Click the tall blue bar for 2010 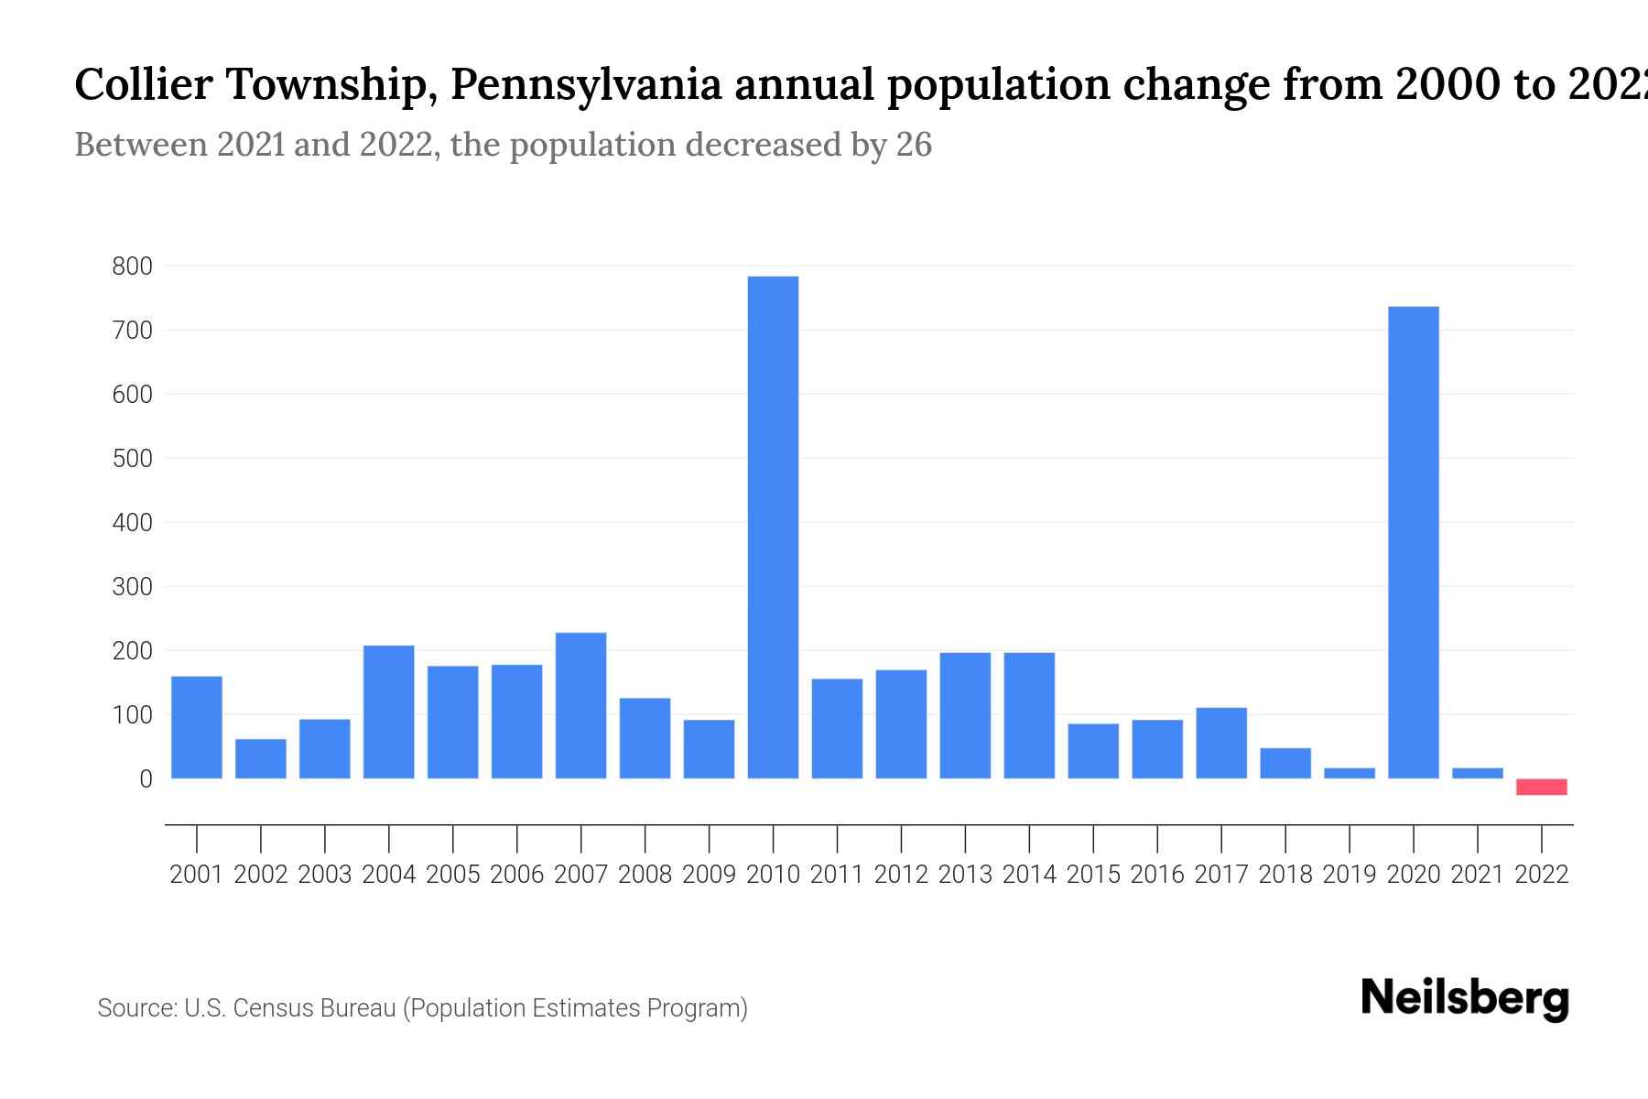point(773,527)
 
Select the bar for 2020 point(1413,542)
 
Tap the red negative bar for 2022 point(1541,787)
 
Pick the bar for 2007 point(580,705)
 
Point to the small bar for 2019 point(1349,773)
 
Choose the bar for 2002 point(260,758)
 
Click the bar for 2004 point(388,712)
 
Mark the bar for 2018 point(1285,763)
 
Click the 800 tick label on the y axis point(132,267)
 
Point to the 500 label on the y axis point(132,459)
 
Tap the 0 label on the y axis point(145,779)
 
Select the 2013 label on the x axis point(965,875)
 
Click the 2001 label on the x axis point(196,875)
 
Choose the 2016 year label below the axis point(1156,875)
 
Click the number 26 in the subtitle point(913,145)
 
